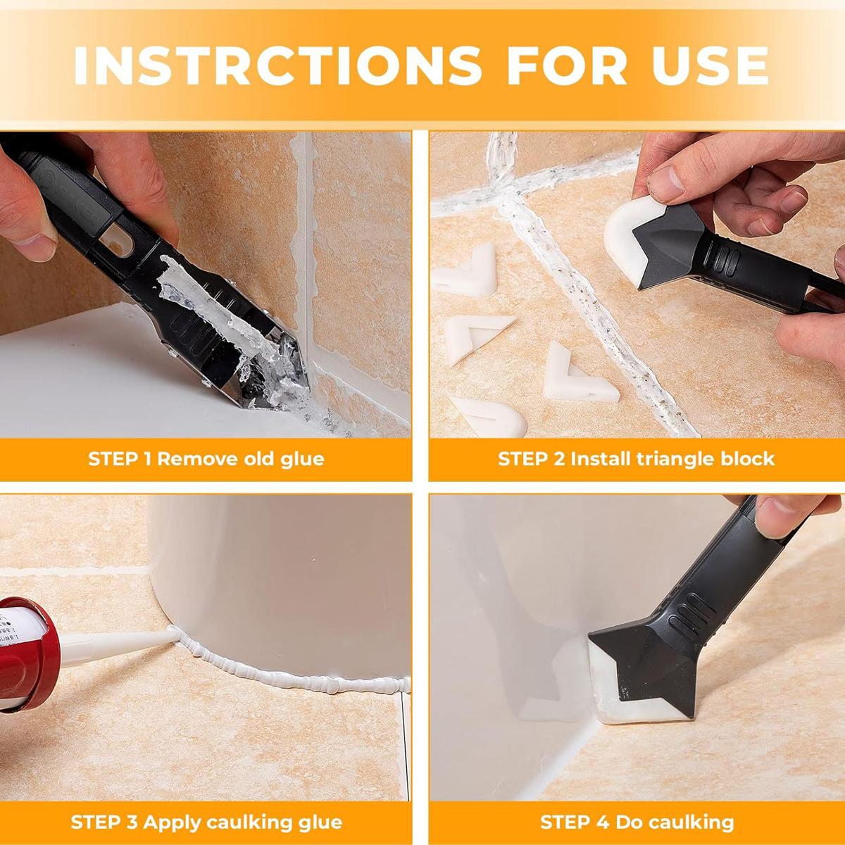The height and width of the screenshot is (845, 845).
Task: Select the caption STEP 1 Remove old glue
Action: pyautogui.click(x=206, y=459)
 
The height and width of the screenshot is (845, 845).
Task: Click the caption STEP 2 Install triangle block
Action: pyautogui.click(x=636, y=459)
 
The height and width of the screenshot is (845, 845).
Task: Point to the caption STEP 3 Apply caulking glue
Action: pyautogui.click(x=206, y=821)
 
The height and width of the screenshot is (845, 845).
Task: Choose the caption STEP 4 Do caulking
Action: pyautogui.click(x=637, y=821)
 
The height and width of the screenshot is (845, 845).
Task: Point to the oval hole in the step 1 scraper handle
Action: pyautogui.click(x=116, y=243)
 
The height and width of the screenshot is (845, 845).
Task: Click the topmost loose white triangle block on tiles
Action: pyautogui.click(x=464, y=277)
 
